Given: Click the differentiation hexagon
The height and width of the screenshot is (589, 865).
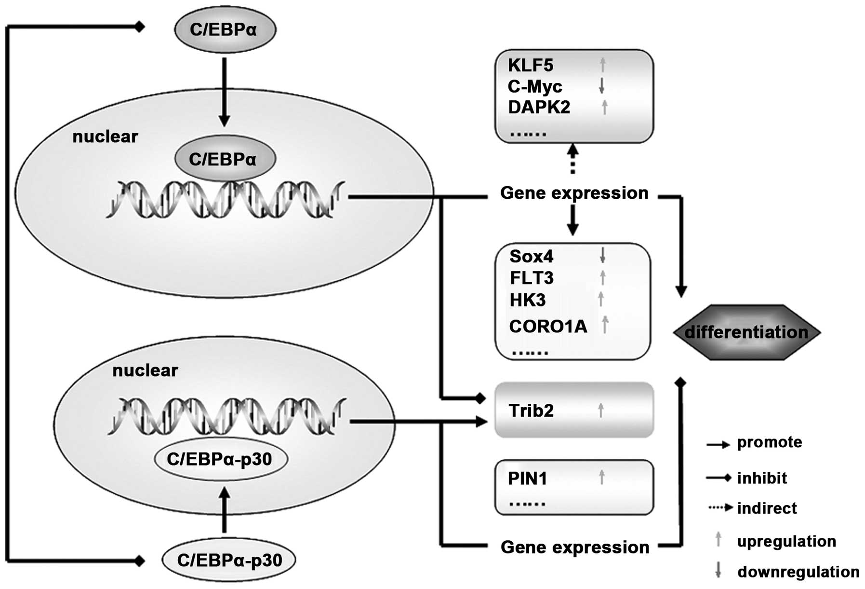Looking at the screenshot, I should click(x=746, y=332).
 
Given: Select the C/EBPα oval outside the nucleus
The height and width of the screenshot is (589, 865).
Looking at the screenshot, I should click(x=225, y=29).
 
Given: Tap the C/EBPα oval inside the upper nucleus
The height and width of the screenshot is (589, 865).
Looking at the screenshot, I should click(x=225, y=159).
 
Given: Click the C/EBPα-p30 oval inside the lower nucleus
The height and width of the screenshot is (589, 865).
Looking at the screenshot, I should click(x=220, y=459).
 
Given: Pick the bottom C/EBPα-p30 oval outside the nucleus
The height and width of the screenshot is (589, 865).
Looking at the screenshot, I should click(x=229, y=560).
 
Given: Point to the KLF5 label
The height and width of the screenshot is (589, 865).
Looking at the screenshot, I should click(x=531, y=65).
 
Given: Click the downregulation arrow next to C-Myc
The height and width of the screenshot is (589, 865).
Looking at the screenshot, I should click(x=601, y=86).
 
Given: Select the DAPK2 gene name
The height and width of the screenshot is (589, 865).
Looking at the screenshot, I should click(x=539, y=107).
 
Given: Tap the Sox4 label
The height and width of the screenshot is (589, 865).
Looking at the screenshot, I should click(x=531, y=256).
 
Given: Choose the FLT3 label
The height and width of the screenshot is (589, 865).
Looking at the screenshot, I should click(x=532, y=278).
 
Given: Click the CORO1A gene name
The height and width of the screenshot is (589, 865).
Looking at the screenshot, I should click(x=548, y=327).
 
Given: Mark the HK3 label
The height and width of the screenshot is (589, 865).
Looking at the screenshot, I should click(x=527, y=300).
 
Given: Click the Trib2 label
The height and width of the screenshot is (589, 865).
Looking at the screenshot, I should click(x=531, y=411).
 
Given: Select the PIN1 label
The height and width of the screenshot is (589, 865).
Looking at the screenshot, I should click(x=528, y=479).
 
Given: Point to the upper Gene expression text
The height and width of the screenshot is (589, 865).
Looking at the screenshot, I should click(x=574, y=193).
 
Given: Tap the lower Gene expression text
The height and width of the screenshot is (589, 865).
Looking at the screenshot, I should click(x=574, y=547).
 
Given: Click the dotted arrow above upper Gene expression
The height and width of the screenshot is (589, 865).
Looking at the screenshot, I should click(x=572, y=159).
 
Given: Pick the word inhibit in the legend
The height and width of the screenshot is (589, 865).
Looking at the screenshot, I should click(x=762, y=478).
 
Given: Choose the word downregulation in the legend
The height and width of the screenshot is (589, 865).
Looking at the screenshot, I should click(x=798, y=572).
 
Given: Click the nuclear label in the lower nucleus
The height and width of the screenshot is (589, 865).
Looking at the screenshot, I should click(x=145, y=370).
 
